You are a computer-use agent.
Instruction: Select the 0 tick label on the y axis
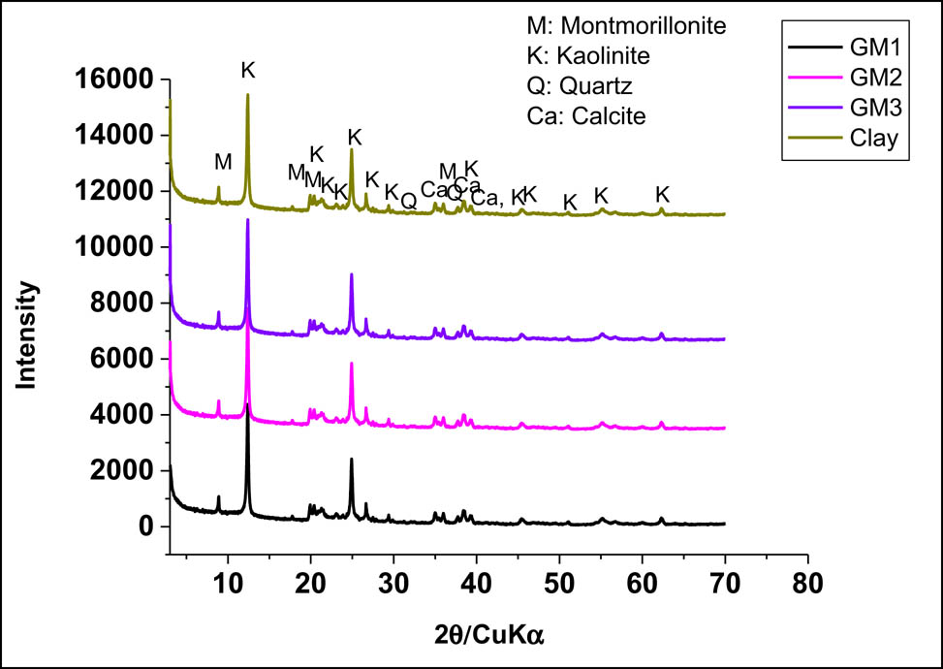(x=144, y=526)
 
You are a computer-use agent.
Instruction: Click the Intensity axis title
(x=27, y=335)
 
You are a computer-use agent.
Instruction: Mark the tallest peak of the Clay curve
(x=248, y=95)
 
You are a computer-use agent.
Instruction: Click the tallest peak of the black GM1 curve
(x=248, y=405)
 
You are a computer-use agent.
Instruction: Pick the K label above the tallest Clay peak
(x=248, y=70)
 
